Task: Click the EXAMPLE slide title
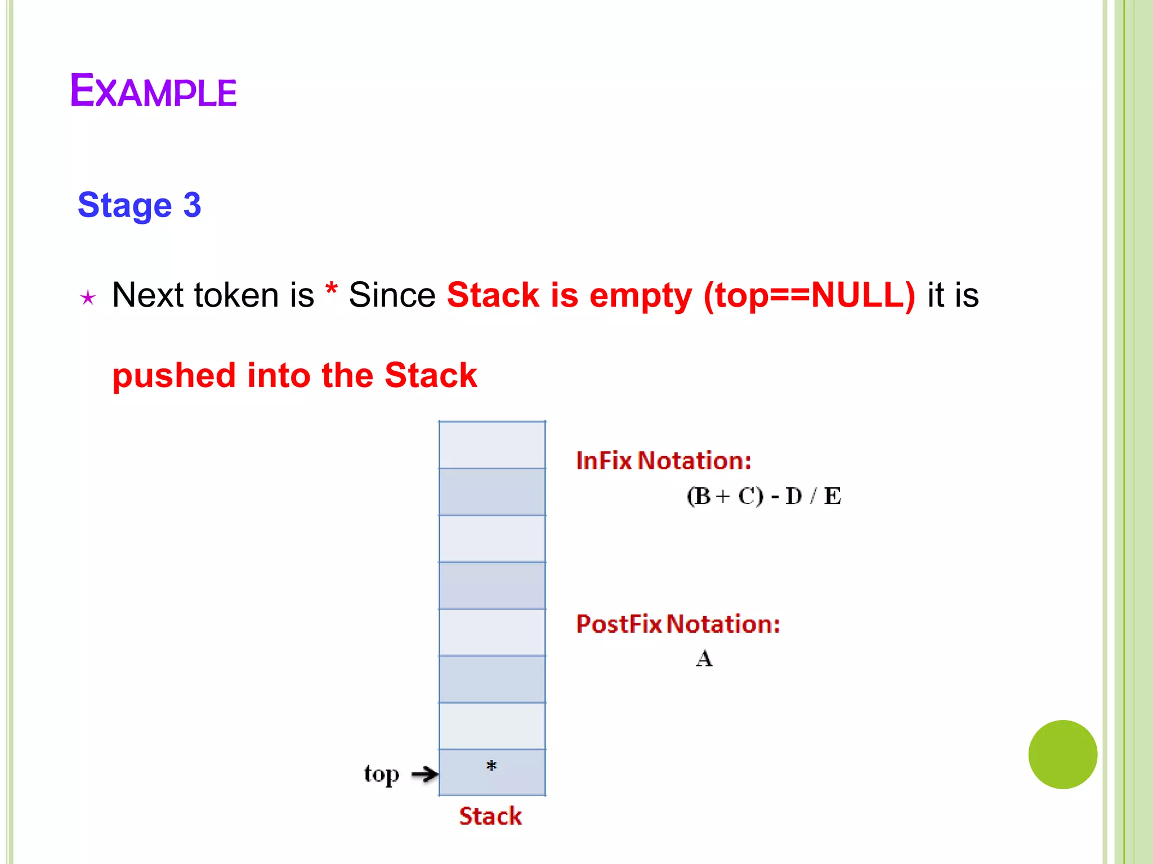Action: point(153,91)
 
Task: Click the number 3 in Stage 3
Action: point(192,205)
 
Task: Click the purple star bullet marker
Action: point(88,298)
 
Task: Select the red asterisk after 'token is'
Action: point(331,291)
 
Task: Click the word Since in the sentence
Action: point(392,295)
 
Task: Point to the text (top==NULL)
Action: point(809,295)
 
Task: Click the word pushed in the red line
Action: point(173,376)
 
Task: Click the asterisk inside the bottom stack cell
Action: point(491,766)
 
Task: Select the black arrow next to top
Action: point(424,774)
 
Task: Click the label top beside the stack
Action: point(381,775)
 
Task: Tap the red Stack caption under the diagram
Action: point(490,816)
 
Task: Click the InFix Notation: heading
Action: point(664,461)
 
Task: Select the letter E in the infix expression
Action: point(832,496)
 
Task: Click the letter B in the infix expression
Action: point(702,496)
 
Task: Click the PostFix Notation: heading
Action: point(678,624)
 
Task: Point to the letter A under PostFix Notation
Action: point(704,658)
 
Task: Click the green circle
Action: point(1062,754)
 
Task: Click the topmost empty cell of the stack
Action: point(492,445)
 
